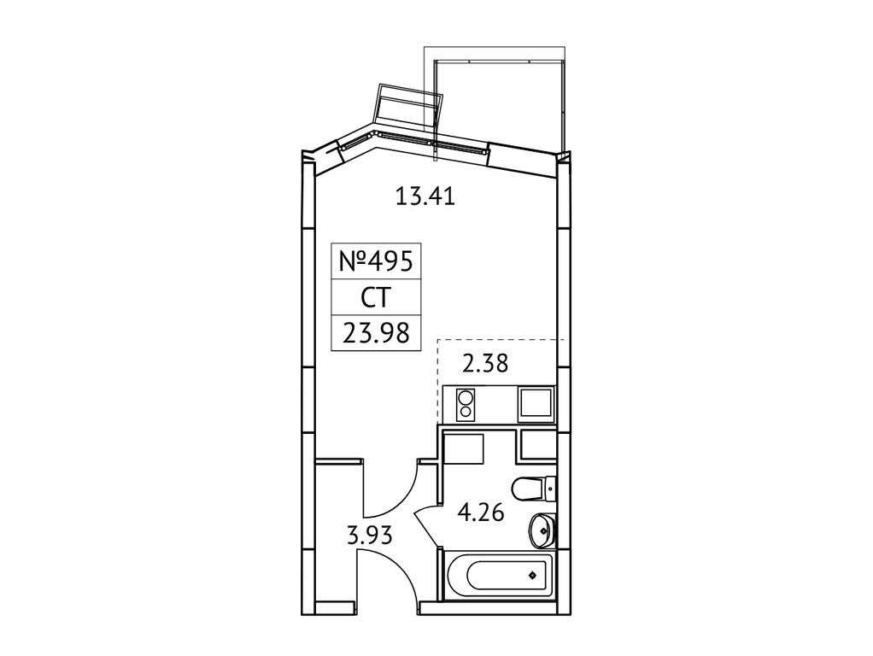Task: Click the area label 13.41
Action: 425,196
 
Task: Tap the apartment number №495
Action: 376,261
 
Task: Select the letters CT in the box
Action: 376,297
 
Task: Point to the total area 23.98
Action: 376,333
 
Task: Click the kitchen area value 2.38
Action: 485,364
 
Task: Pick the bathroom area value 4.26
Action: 480,512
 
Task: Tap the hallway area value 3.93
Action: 370,536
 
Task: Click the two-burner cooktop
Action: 465,405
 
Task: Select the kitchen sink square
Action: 536,405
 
